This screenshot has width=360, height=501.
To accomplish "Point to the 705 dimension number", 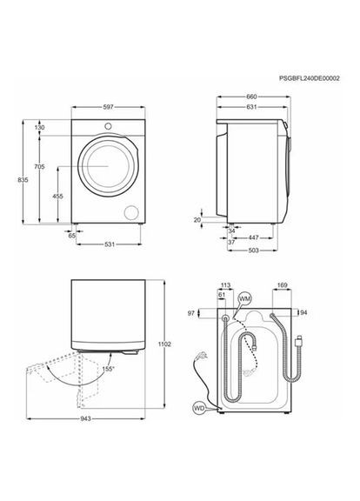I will (40, 166).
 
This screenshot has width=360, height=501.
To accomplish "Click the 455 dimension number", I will (57, 197).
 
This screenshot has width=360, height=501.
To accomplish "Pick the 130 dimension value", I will (40, 127).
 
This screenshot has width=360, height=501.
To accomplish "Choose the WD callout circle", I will (199, 405).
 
